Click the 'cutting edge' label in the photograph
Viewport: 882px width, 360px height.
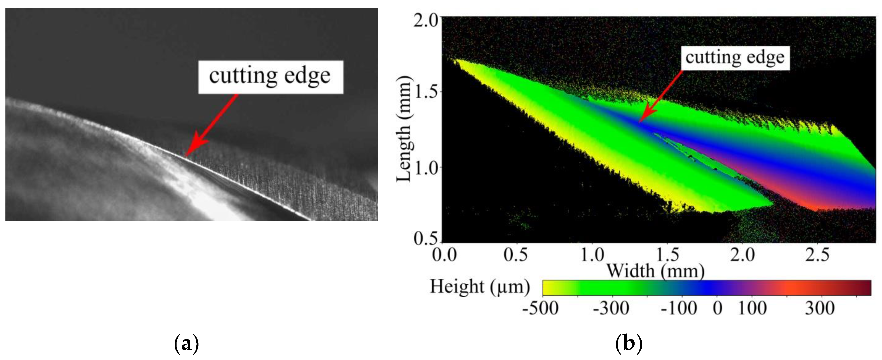pyautogui.click(x=270, y=76)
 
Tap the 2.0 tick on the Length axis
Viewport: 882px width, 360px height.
pyautogui.click(x=426, y=21)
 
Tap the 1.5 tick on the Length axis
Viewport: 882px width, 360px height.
pyautogui.click(x=426, y=92)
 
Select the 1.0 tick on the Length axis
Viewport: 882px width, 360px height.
pyautogui.click(x=426, y=167)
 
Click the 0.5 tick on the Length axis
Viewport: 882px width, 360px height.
pyautogui.click(x=426, y=238)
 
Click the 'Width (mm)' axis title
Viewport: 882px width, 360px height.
pyautogui.click(x=655, y=271)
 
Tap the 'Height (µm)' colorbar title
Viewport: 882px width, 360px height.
pyautogui.click(x=480, y=287)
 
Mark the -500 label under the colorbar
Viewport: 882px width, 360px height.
pyautogui.click(x=540, y=308)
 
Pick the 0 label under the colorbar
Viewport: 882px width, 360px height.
pyautogui.click(x=717, y=308)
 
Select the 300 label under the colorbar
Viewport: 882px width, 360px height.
pyautogui.click(x=819, y=308)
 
